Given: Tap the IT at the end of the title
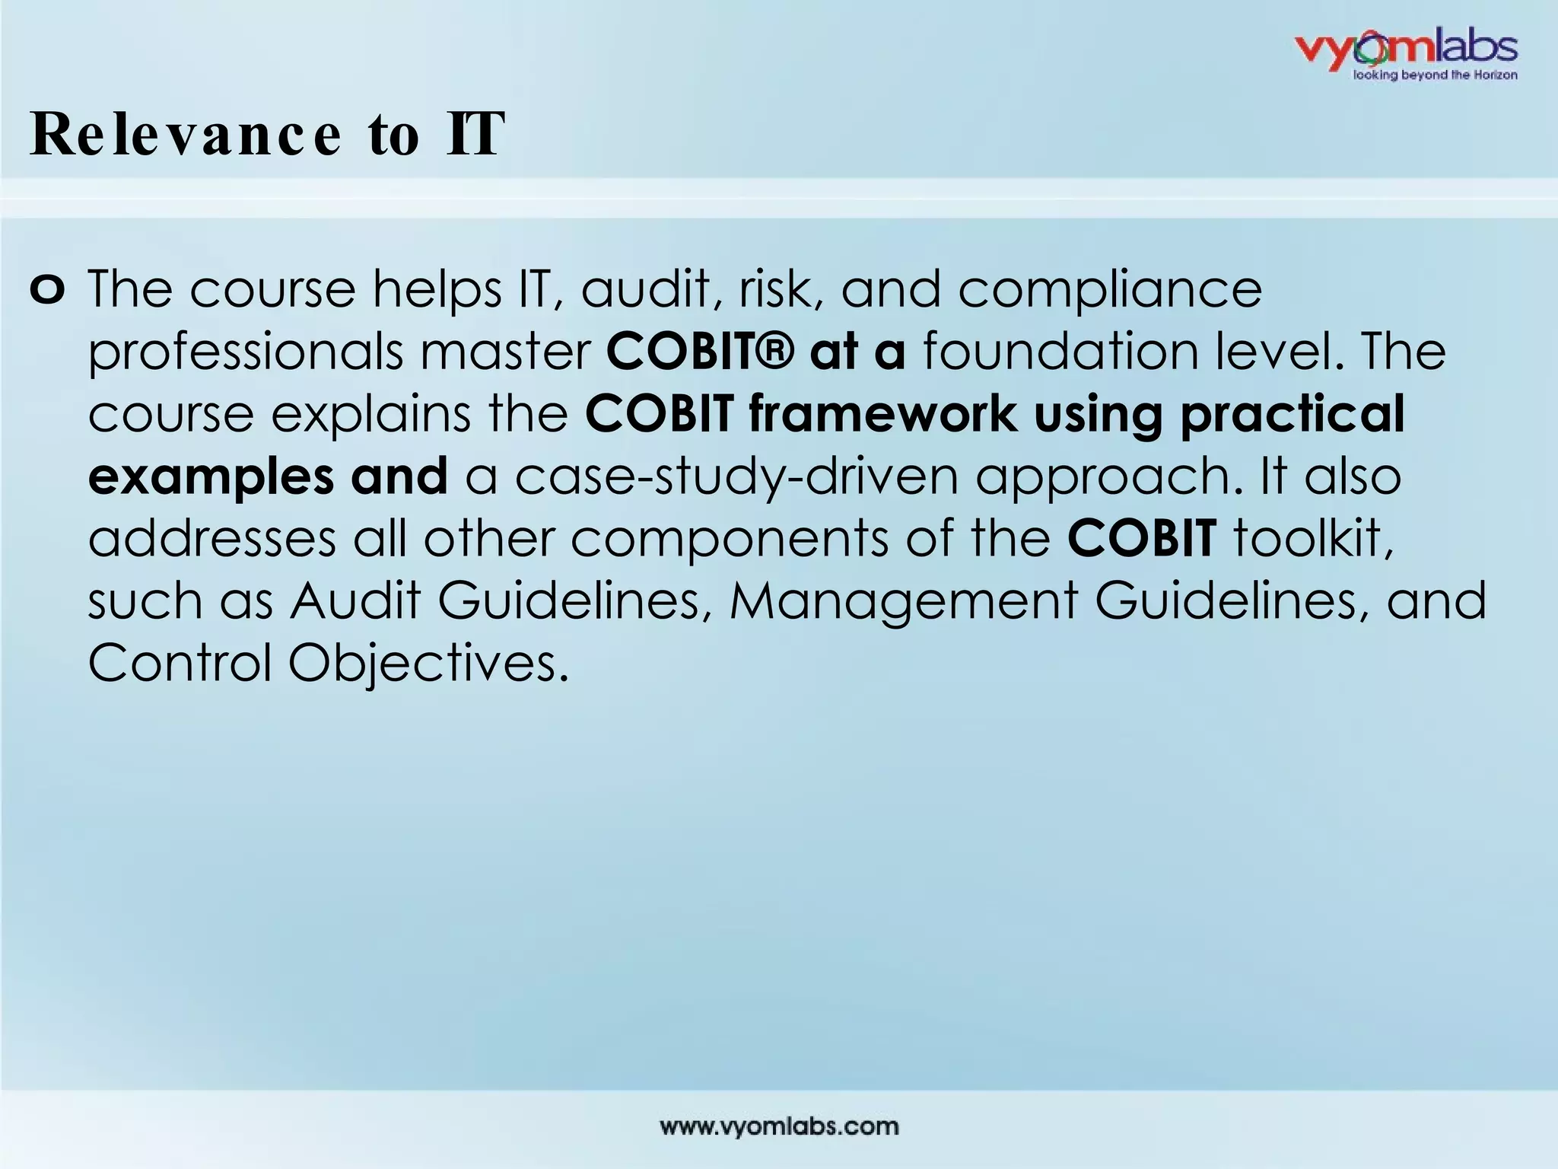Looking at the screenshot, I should pyautogui.click(x=475, y=135).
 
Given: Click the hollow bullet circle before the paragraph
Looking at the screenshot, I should pyautogui.click(x=48, y=290).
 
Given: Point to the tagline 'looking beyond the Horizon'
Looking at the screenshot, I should pyautogui.click(x=1433, y=75).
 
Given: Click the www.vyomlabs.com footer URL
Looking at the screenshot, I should pyautogui.click(x=779, y=1126).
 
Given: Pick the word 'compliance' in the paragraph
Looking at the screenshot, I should pyautogui.click(x=1109, y=291).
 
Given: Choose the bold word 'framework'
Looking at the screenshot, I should pyautogui.click(x=882, y=414).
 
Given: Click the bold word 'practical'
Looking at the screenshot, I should pyautogui.click(x=1292, y=416).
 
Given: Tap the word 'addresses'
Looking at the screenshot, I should pyautogui.click(x=212, y=539).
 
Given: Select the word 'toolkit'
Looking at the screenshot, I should pyautogui.click(x=1313, y=539).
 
